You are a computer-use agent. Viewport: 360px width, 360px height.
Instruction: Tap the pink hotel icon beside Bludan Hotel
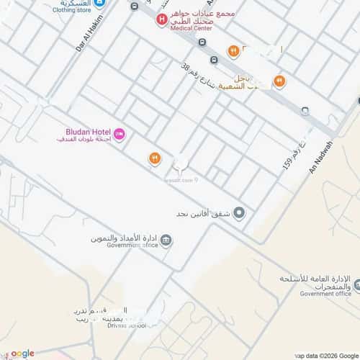[x=120, y=133]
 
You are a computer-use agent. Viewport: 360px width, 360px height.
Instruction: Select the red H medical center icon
[x=162, y=19]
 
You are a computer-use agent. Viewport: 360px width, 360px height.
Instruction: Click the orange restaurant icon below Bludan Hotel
[x=153, y=158]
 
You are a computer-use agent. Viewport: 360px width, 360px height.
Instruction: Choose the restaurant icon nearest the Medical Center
[x=233, y=50]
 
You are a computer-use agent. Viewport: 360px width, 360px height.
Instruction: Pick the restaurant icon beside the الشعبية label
[x=279, y=81]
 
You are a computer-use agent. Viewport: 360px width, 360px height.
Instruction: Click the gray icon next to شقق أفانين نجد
[x=240, y=213]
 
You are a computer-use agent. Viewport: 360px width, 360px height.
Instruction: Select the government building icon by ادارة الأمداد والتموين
[x=166, y=240]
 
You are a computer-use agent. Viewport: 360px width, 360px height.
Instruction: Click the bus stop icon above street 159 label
[x=305, y=110]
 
